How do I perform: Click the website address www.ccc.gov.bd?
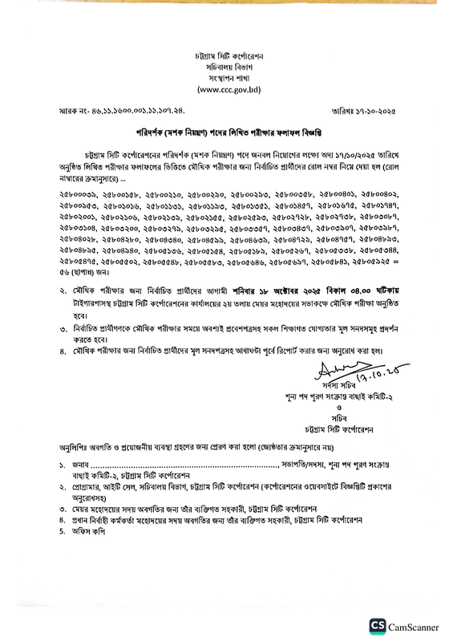(x=226, y=91)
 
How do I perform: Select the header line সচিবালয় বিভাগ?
(x=226, y=69)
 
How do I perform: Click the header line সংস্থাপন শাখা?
(x=226, y=80)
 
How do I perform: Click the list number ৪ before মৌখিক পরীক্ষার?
(x=64, y=351)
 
